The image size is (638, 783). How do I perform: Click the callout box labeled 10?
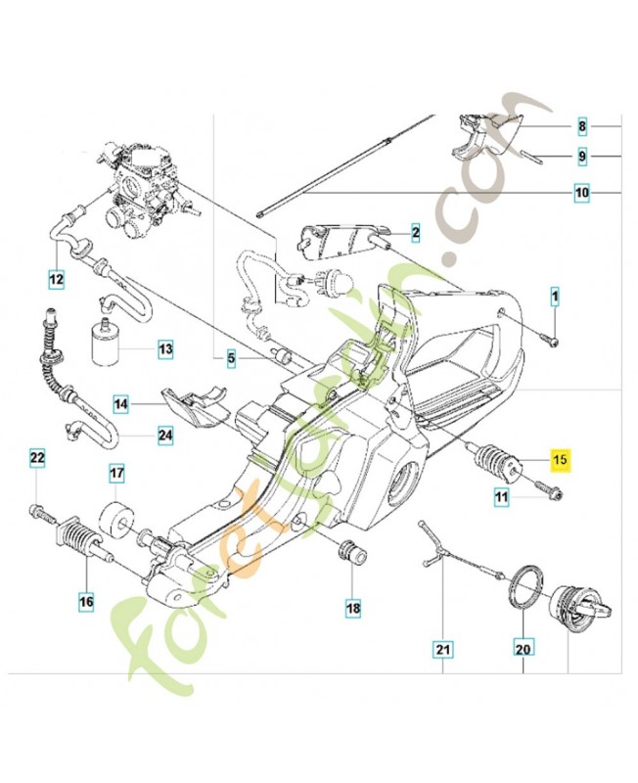click(x=581, y=194)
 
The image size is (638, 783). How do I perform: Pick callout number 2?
click(x=415, y=233)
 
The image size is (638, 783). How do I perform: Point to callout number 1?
click(x=554, y=296)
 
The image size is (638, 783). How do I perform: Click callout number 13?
click(x=164, y=347)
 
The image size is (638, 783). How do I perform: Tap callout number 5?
click(x=232, y=359)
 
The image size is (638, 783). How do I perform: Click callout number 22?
click(x=36, y=458)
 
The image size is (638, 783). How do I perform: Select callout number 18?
click(x=352, y=608)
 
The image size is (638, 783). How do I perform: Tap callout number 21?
click(x=442, y=648)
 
